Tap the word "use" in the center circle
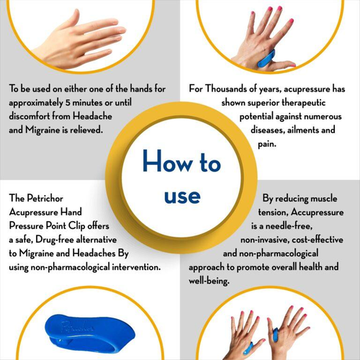click(181, 196)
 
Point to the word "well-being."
click(210, 281)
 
